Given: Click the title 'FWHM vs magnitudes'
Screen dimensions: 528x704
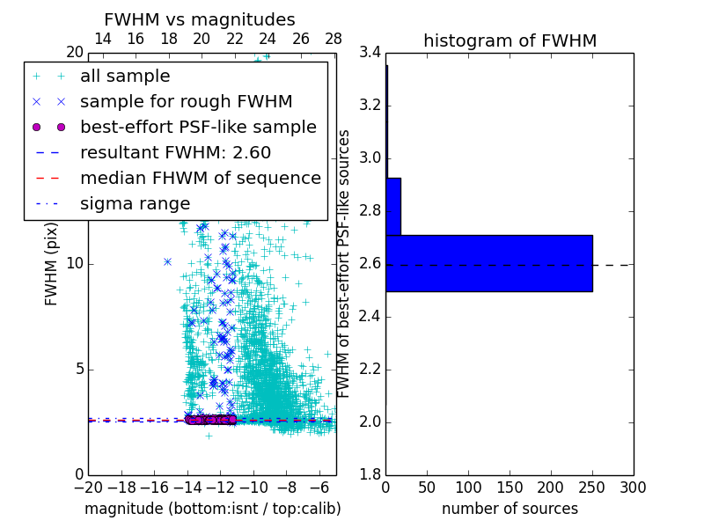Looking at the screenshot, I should [199, 19].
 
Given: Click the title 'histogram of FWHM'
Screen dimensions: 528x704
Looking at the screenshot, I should [510, 40].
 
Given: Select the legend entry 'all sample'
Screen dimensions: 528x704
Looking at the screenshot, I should [125, 77].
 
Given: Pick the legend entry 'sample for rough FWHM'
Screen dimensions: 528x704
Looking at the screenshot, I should [186, 102].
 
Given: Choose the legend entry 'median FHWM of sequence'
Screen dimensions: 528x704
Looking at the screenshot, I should [200, 179].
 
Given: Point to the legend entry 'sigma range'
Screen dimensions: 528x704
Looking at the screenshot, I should [135, 204].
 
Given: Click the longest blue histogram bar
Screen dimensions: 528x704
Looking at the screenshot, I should [488, 263].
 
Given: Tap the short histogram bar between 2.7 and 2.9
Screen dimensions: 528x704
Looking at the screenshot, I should [393, 207].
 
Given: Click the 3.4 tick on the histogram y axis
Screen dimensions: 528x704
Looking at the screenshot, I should [370, 53].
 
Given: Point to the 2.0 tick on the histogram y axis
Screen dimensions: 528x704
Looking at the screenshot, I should [370, 422].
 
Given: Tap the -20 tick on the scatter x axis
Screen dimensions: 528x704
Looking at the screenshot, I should [88, 487].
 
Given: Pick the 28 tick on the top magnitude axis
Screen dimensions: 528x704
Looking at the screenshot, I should [334, 39].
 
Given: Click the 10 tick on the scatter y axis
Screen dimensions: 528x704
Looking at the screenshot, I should [74, 264].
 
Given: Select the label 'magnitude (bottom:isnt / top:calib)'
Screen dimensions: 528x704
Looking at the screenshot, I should [212, 509].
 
